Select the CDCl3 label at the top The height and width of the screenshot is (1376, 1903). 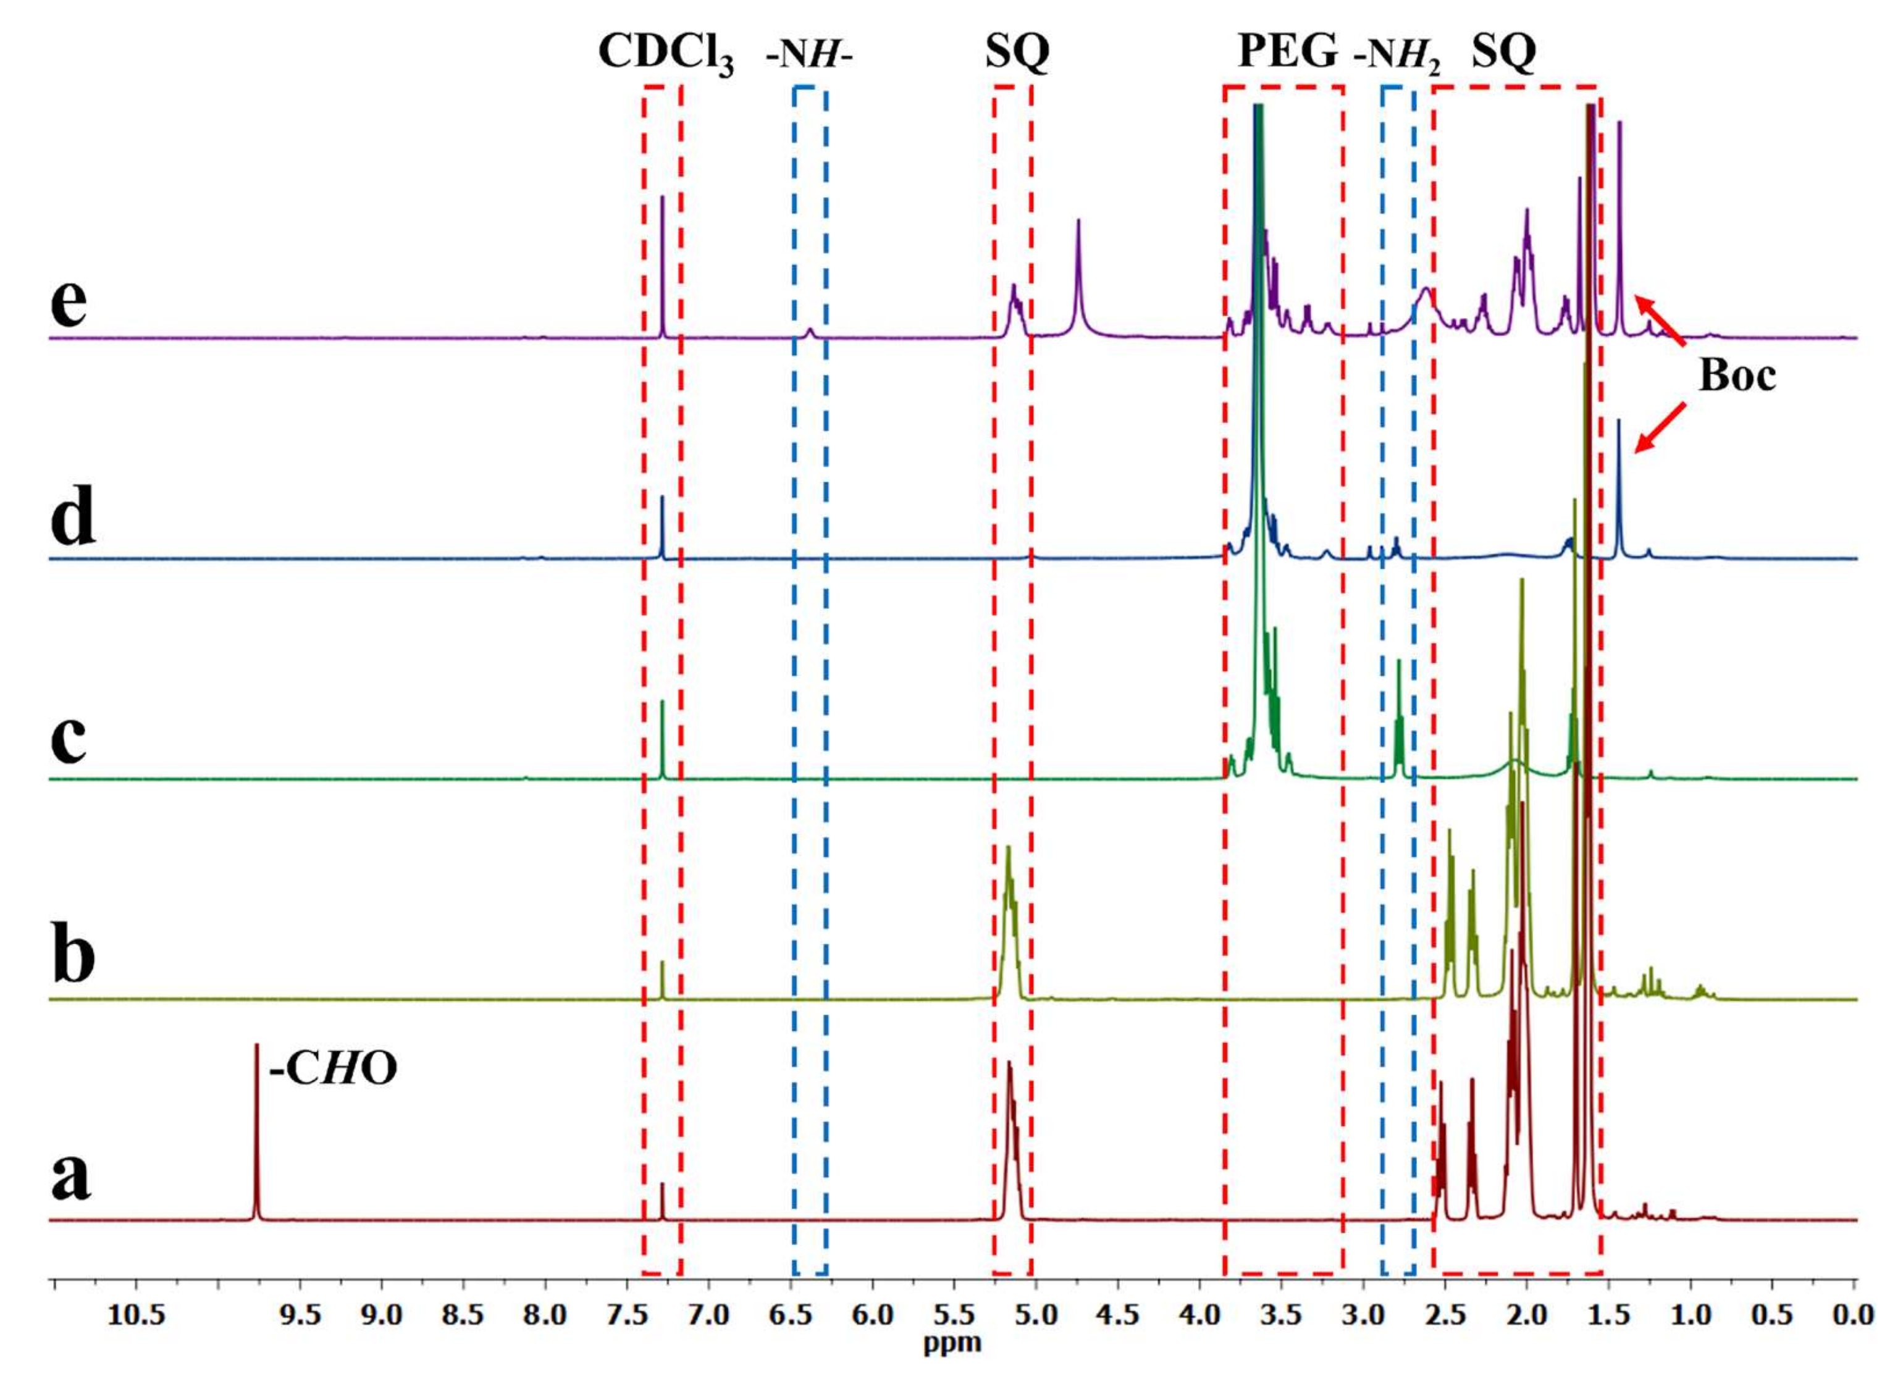665,54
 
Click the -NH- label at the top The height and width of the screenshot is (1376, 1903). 809,54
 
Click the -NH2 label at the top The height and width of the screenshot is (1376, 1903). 1397,54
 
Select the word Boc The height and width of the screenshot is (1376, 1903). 1737,377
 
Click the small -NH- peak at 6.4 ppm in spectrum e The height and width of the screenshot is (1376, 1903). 810,332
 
